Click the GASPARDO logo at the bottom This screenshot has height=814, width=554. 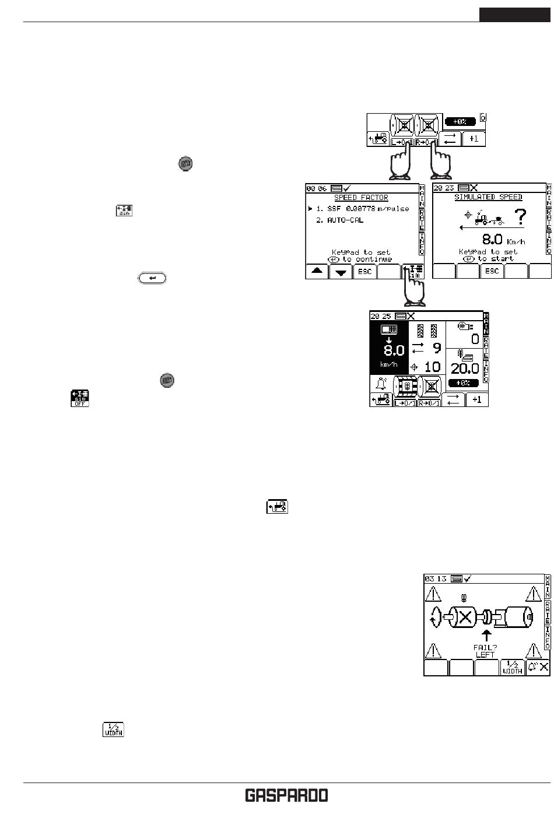tap(286, 796)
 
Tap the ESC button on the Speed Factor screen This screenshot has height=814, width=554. tap(364, 272)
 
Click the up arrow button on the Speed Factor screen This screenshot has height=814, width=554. tap(317, 272)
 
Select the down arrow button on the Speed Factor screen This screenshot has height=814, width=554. tap(341, 272)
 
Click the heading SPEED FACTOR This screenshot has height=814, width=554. tap(362, 198)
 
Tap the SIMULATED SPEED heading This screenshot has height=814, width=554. tap(488, 198)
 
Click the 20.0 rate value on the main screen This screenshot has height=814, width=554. tap(465, 368)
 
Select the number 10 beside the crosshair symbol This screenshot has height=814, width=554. tap(432, 367)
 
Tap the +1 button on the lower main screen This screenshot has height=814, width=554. tap(477, 399)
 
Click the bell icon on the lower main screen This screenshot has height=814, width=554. tap(381, 384)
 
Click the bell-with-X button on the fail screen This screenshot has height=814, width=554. tap(538, 668)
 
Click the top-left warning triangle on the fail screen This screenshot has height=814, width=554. tap(433, 594)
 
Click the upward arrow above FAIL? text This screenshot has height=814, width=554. tap(485, 635)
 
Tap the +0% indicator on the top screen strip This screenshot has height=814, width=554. tap(458, 122)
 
